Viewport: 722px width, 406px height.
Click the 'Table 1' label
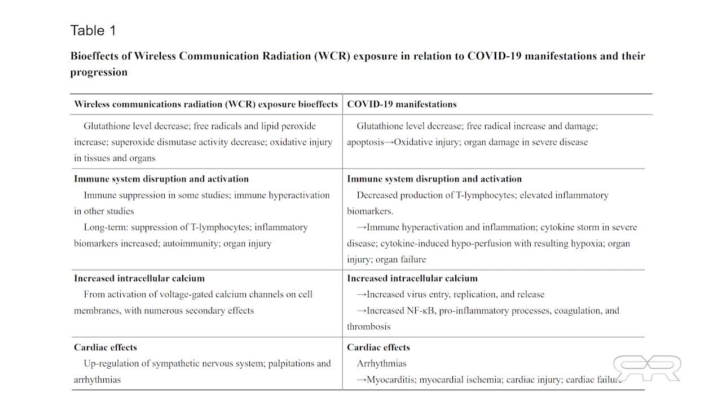pos(93,30)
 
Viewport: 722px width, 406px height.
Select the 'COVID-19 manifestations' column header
pos(402,104)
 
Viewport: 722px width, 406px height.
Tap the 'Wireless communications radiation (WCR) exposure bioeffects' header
pos(206,104)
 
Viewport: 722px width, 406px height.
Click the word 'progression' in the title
pos(99,72)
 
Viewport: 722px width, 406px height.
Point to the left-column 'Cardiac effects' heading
pos(105,347)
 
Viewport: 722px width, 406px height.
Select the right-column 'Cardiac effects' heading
pos(378,347)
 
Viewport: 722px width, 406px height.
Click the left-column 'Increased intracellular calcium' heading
pos(139,279)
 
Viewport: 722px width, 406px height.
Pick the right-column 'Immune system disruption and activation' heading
pos(434,179)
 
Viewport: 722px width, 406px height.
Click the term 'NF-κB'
pos(421,311)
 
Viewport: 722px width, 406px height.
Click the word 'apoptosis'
pos(365,142)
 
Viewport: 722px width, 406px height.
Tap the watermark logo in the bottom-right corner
pos(647,368)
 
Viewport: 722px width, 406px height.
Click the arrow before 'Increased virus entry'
pos(362,294)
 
